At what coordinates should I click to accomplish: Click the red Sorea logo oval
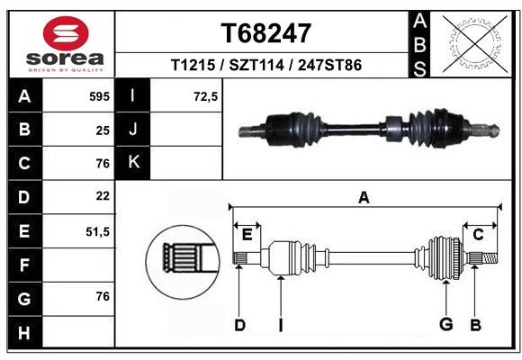[66, 33]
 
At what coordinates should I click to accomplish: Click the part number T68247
[266, 33]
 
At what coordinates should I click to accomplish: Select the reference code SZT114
[256, 65]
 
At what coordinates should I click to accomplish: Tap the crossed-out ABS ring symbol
[475, 44]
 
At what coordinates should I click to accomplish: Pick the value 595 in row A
[99, 96]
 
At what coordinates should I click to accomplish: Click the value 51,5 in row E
[97, 231]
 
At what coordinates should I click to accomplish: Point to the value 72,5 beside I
[205, 96]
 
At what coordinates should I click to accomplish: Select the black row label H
[25, 333]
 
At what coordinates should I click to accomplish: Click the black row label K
[133, 162]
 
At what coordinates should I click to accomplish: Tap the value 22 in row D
[103, 196]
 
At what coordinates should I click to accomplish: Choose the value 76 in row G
[103, 296]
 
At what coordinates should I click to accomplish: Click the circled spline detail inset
[183, 262]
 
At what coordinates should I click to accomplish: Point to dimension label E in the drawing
[247, 235]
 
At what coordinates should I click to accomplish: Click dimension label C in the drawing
[478, 235]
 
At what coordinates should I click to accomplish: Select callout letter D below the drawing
[239, 325]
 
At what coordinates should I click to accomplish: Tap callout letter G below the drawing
[446, 324]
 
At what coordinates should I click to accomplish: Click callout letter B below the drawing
[475, 325]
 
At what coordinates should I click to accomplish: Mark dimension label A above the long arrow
[364, 197]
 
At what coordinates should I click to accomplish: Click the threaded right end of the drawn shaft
[490, 258]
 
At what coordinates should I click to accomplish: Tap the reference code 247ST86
[329, 65]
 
